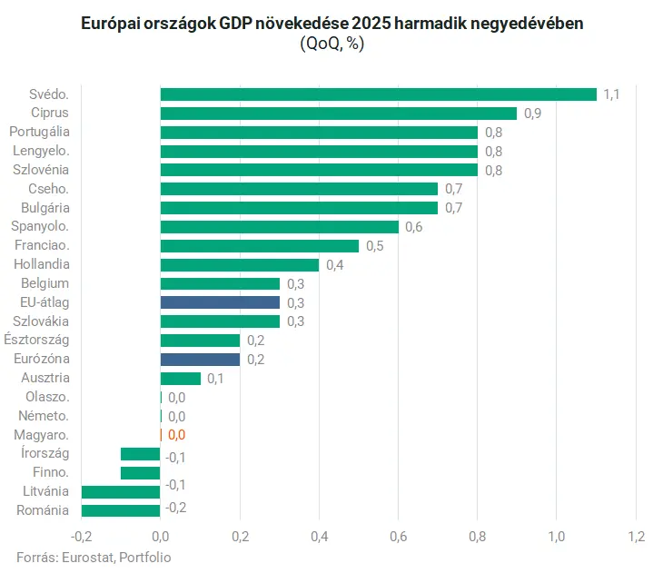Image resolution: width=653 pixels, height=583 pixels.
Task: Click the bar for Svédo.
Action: pyautogui.click(x=378, y=94)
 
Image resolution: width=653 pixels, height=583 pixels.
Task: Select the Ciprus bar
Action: pyautogui.click(x=338, y=114)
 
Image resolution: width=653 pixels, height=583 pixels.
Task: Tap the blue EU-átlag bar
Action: pyautogui.click(x=220, y=302)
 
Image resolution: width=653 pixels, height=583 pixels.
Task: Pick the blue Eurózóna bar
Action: pyautogui.click(x=200, y=359)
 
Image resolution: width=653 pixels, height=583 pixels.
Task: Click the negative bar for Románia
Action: pyautogui.click(x=121, y=509)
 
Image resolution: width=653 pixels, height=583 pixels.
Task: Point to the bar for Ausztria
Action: pyautogui.click(x=180, y=378)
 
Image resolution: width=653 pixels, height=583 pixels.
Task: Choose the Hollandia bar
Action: pyautogui.click(x=240, y=264)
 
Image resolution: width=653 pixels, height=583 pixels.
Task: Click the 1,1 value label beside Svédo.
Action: pyautogui.click(x=611, y=94)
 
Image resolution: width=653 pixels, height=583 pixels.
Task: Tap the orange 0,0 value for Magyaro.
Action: pyautogui.click(x=176, y=434)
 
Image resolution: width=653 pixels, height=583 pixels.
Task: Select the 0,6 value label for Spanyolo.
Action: pyautogui.click(x=413, y=227)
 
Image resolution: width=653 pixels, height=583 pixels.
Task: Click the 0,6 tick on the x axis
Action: pyautogui.click(x=398, y=536)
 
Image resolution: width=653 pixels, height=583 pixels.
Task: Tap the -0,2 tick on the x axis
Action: pyautogui.click(x=81, y=536)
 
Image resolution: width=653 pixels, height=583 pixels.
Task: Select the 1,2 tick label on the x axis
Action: pyautogui.click(x=635, y=536)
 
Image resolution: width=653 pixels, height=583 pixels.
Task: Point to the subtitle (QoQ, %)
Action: pyautogui.click(x=331, y=44)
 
